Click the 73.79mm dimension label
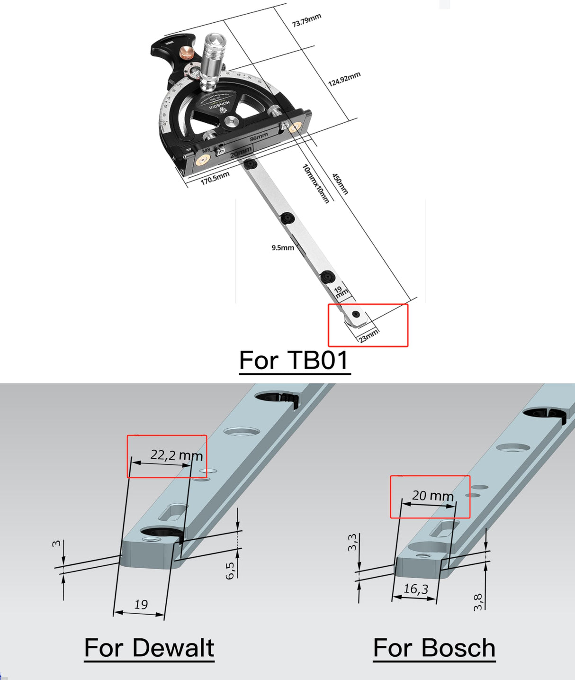click(x=306, y=20)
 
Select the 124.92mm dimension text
click(x=344, y=79)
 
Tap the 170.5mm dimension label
click(x=215, y=178)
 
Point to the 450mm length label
click(x=340, y=184)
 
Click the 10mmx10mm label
click(x=315, y=183)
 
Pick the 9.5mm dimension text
click(x=283, y=247)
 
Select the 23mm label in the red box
click(x=368, y=335)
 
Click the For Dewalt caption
click(x=149, y=648)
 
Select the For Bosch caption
click(x=434, y=648)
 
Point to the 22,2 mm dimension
click(x=177, y=455)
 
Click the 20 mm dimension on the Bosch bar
click(x=433, y=496)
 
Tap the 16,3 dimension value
click(x=415, y=589)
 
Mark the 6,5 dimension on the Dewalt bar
click(x=230, y=571)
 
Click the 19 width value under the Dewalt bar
click(x=141, y=605)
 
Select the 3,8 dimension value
click(x=478, y=602)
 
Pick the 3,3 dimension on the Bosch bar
click(x=352, y=543)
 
